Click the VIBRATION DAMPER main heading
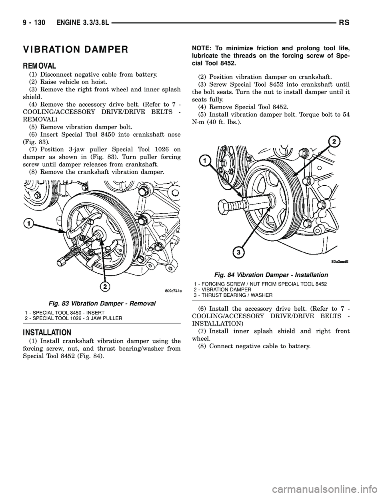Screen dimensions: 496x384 pyautogui.click(x=76, y=50)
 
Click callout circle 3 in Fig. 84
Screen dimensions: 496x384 pyautogui.click(x=238, y=252)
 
